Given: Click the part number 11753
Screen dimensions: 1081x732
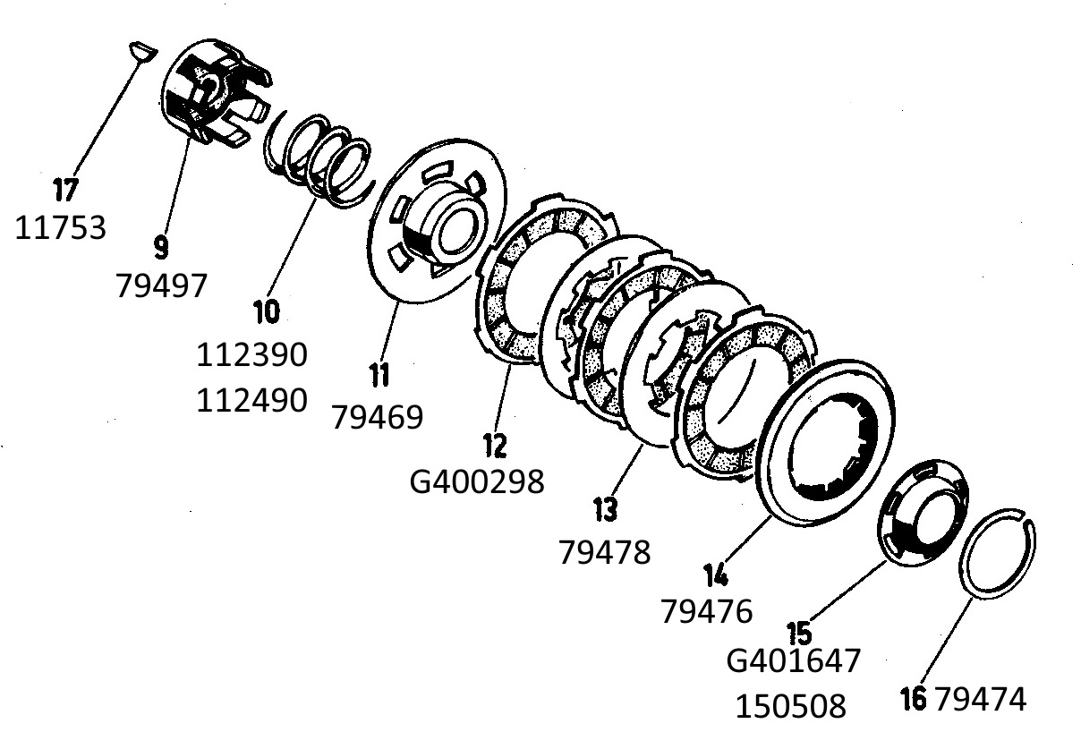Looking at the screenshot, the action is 60,228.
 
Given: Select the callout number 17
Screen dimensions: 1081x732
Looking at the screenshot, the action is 65,190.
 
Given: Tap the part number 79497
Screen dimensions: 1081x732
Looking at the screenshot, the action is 162,285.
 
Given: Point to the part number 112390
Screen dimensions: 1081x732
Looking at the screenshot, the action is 252,354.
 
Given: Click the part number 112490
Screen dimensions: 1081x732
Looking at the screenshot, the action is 252,400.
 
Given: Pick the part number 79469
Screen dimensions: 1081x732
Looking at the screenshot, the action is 378,417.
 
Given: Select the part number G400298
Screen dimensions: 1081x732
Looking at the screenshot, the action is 477,481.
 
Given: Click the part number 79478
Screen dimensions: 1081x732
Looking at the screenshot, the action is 605,552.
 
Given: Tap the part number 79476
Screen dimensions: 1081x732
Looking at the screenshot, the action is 707,611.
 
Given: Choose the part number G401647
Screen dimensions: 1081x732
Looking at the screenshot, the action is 794,660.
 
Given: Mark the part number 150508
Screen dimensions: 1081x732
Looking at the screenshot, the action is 790,706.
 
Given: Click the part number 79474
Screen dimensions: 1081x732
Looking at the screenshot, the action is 980,699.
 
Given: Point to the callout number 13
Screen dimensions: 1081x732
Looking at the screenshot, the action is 605,510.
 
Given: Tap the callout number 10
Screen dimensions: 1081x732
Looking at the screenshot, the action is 267,311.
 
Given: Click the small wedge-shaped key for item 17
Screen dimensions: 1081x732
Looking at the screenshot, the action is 143,51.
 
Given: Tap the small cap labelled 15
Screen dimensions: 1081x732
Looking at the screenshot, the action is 923,513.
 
